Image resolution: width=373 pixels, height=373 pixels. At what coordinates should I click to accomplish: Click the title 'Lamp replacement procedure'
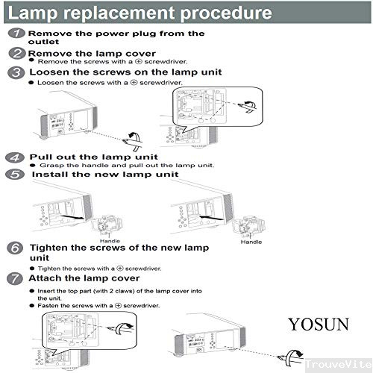click(139, 13)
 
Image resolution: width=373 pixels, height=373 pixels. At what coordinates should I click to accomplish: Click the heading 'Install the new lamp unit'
click(104, 174)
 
